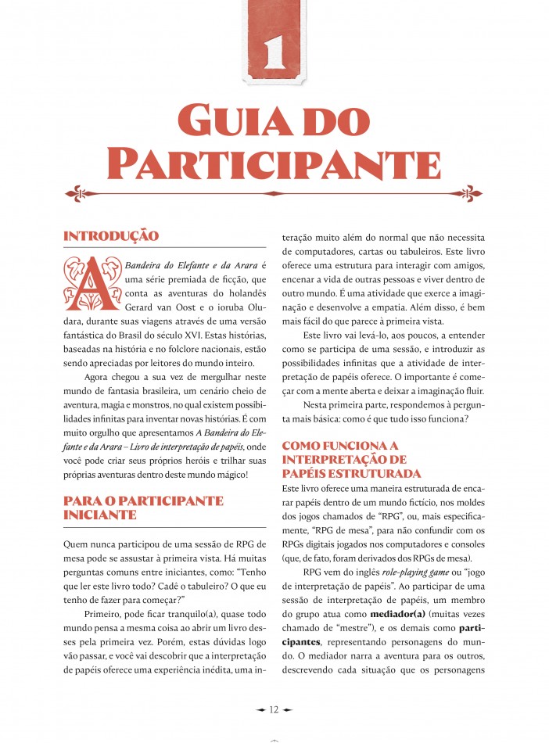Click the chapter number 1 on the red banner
coord(274,49)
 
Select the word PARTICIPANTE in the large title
coord(274,161)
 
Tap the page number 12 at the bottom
coord(274,709)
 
